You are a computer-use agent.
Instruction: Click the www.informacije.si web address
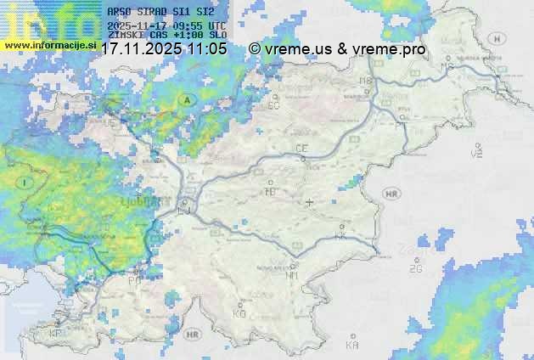48,44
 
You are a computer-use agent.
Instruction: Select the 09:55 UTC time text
200,25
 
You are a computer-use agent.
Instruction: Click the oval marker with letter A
184,100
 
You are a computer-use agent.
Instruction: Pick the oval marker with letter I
26,183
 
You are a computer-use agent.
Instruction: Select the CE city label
301,149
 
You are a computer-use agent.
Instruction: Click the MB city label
365,81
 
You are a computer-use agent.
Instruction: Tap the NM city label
291,275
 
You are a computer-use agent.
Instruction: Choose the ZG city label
414,269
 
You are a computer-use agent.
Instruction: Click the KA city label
352,345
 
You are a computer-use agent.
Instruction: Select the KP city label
55,334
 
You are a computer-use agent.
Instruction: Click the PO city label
133,280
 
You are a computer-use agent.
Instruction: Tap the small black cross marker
309,202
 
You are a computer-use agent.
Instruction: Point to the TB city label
271,193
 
